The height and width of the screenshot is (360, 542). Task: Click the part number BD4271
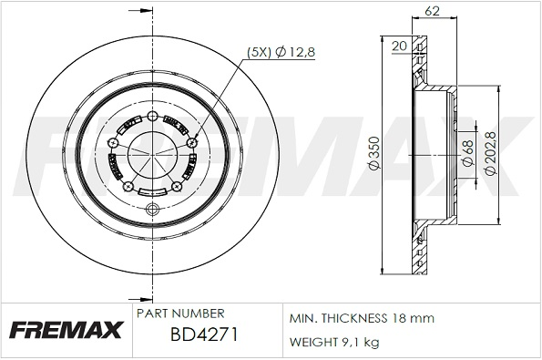click(204, 334)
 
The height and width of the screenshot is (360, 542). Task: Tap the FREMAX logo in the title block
click(66, 330)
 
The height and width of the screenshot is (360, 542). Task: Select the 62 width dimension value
click(432, 11)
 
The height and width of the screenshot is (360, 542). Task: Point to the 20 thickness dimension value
click(400, 46)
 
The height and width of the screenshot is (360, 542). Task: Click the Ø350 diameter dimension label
click(374, 153)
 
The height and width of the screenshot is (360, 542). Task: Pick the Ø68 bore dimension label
click(467, 153)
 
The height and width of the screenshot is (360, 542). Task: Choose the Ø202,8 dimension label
click(490, 153)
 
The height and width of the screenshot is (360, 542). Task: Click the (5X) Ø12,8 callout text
click(281, 52)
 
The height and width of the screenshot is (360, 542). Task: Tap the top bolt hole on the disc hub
click(152, 116)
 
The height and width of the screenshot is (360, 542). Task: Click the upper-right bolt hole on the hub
click(191, 142)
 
